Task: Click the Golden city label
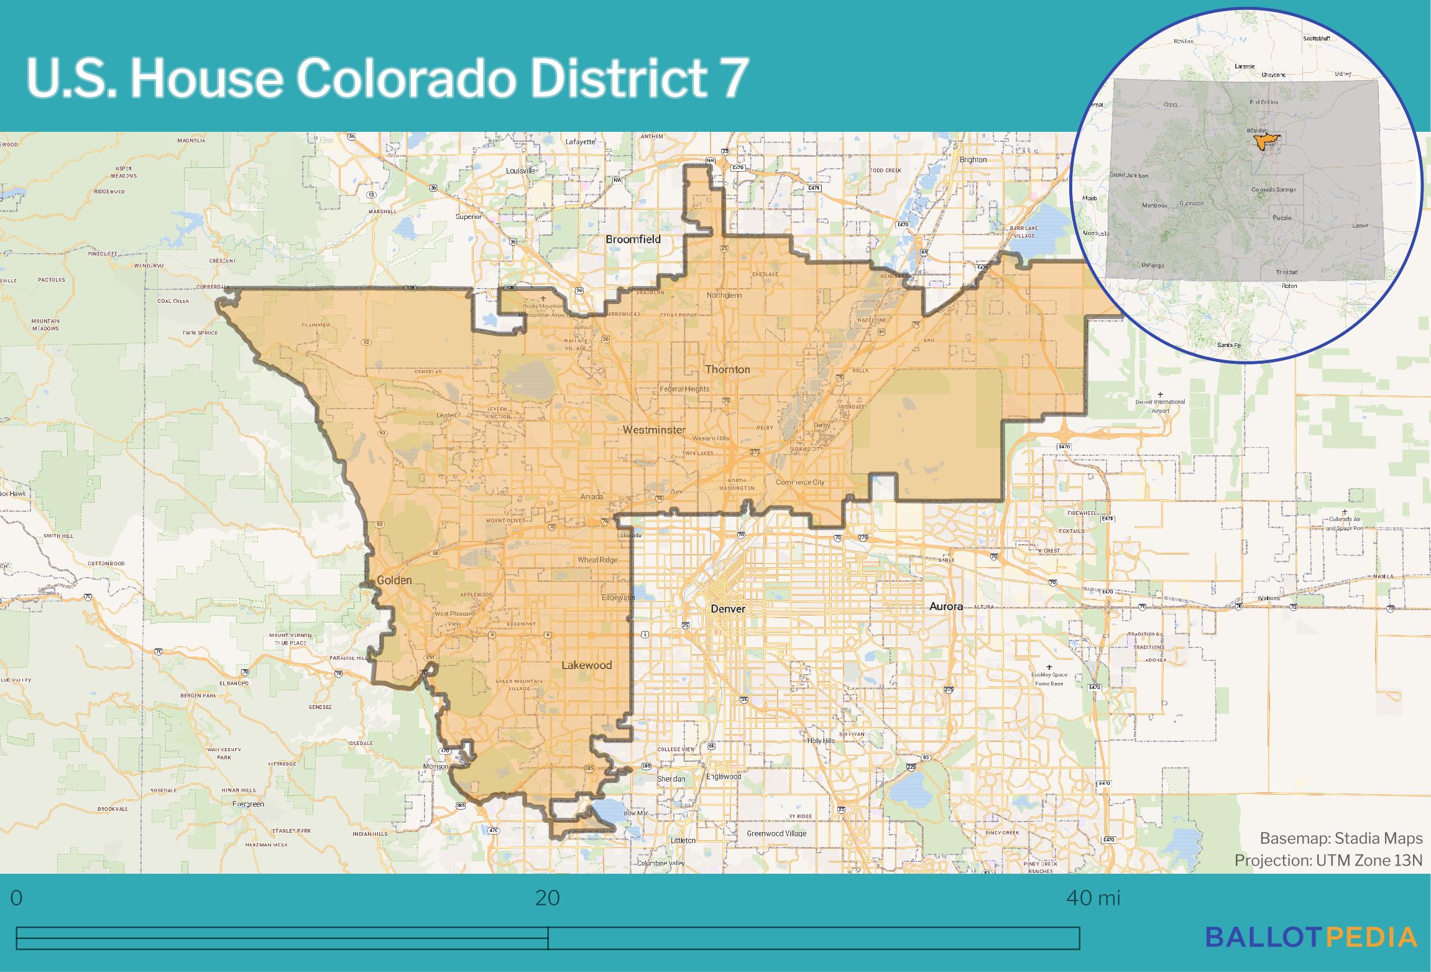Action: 394,580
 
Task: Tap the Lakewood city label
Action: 586,665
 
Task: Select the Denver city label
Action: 728,608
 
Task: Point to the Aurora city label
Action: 946,606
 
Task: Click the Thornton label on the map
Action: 727,369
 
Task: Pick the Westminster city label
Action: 654,430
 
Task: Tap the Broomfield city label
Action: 633,239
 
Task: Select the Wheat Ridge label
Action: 597,560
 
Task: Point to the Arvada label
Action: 591,497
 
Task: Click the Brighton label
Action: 973,160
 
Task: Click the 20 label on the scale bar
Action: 547,898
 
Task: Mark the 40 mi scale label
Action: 1093,898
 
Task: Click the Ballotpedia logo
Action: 1311,937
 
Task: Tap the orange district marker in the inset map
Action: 1261,142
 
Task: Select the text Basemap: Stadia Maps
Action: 1341,838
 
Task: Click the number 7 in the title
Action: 734,79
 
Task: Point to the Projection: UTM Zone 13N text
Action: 1328,860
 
